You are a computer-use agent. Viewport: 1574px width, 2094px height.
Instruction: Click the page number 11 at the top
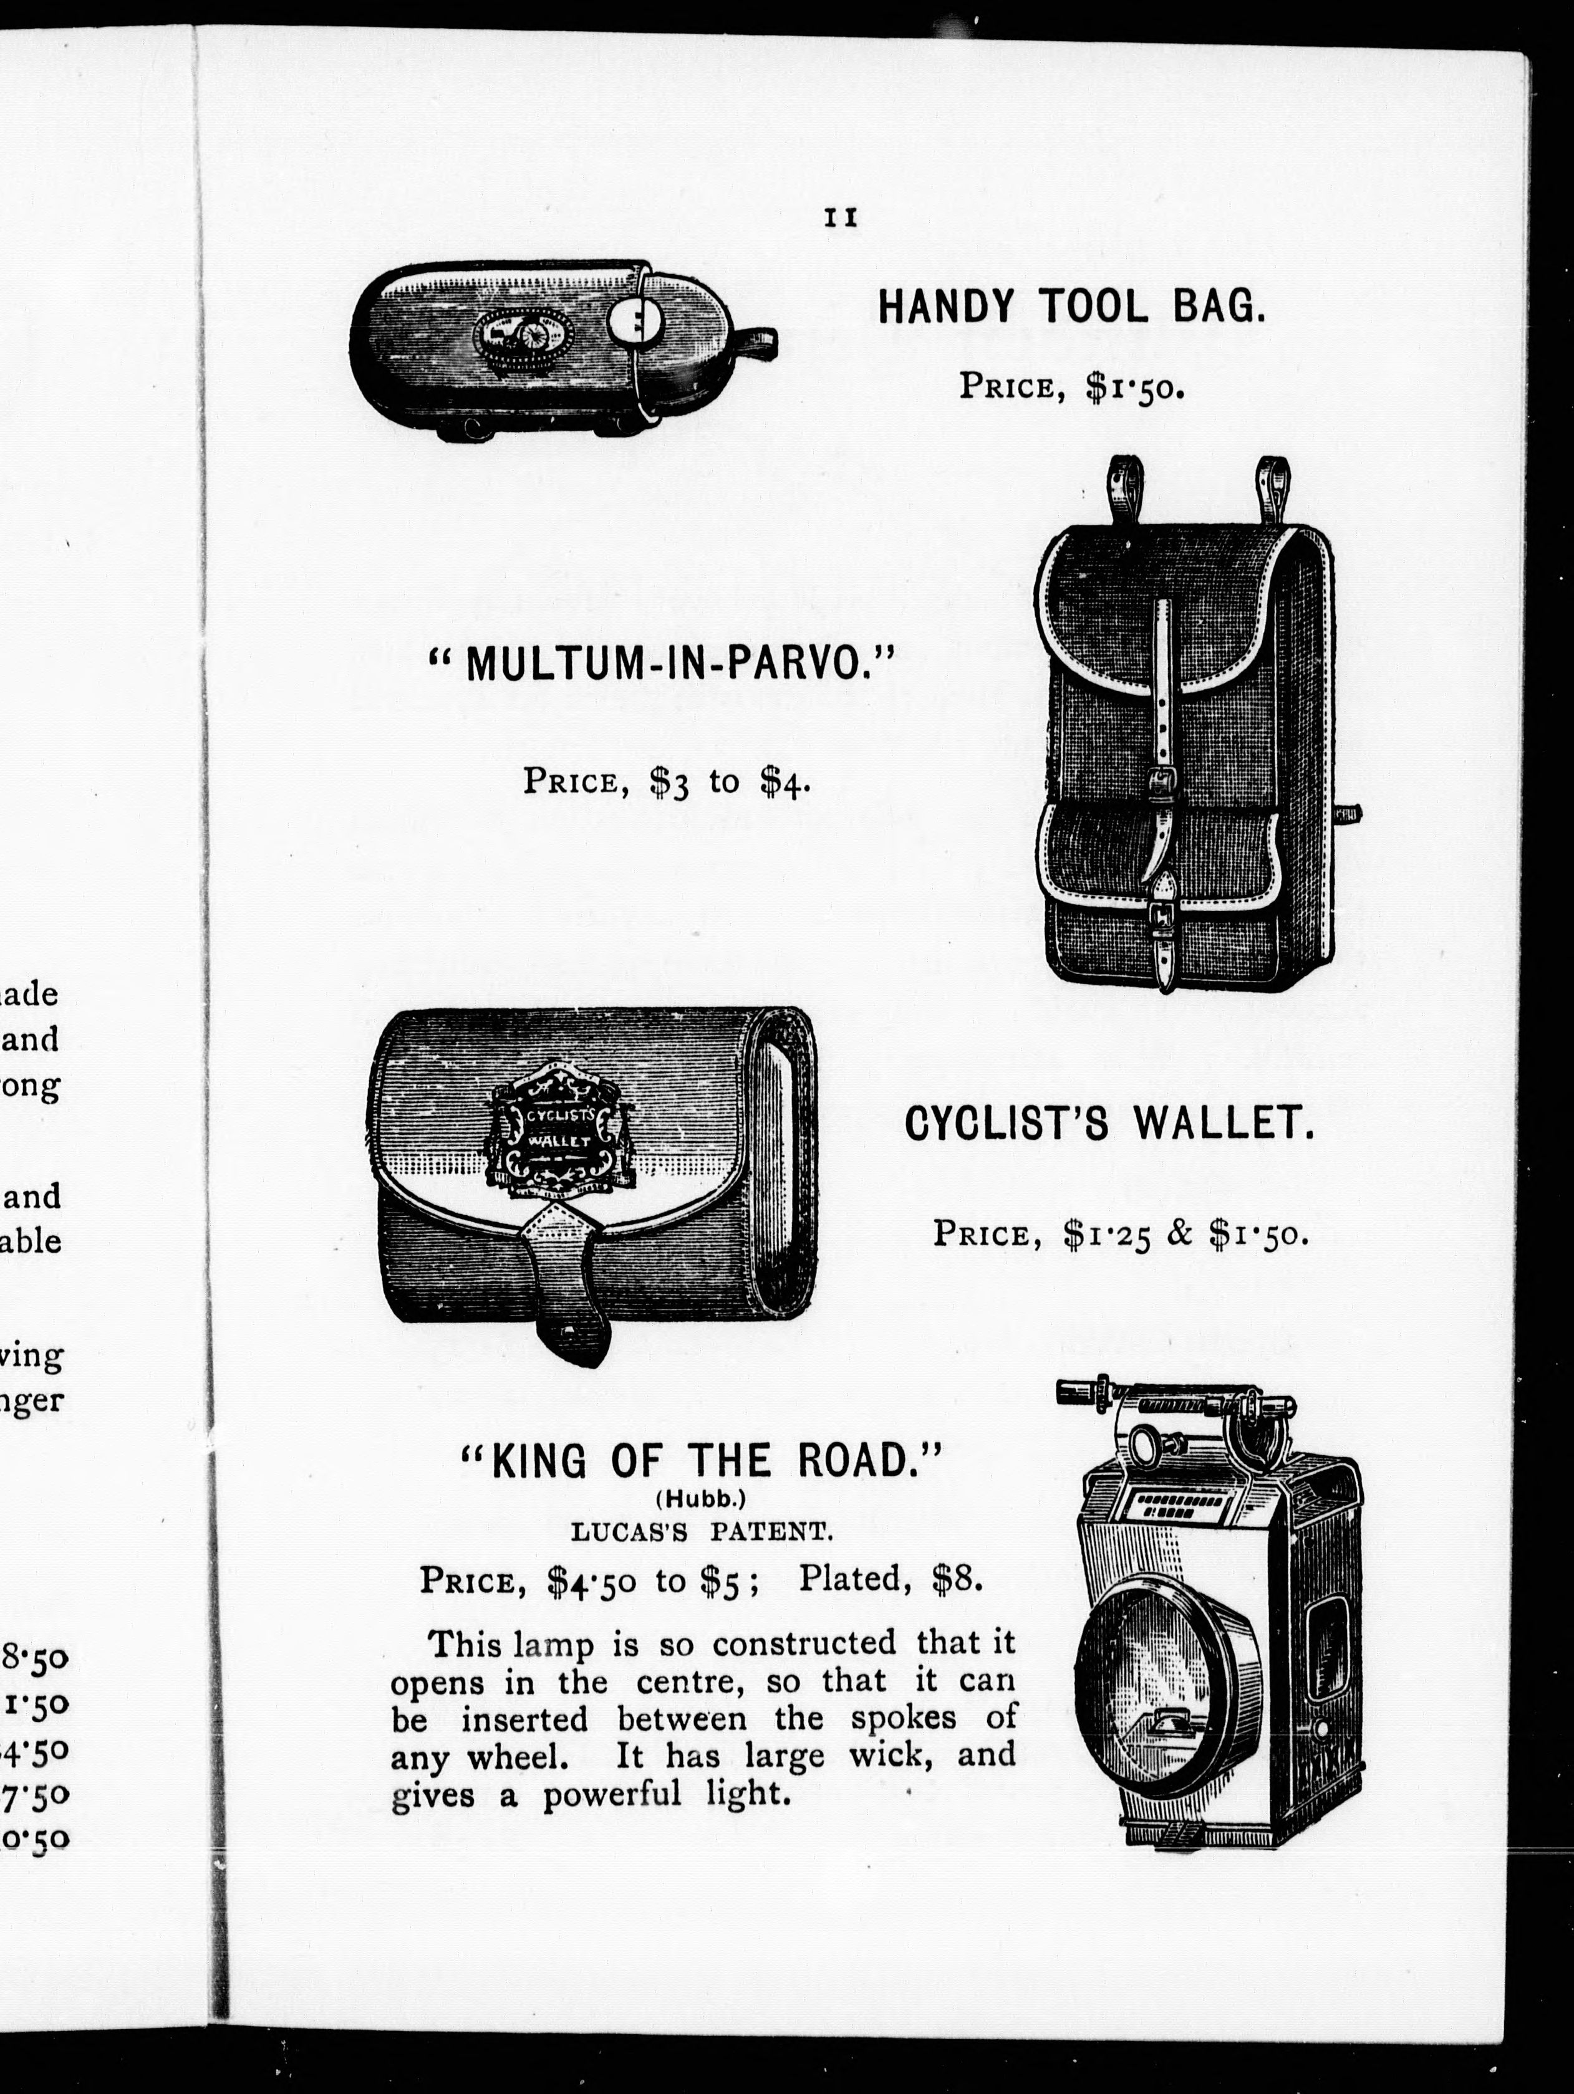tap(840, 218)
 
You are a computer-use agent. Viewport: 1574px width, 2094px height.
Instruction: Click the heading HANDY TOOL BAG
tap(1071, 308)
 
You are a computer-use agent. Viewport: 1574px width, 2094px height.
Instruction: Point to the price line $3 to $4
tap(667, 782)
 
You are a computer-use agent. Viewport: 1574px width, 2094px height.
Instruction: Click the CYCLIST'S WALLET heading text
tap(1109, 1125)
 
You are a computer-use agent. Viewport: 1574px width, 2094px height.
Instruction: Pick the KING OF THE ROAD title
tap(702, 1461)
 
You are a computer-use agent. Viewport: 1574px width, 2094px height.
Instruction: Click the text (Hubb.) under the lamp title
tap(702, 1499)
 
